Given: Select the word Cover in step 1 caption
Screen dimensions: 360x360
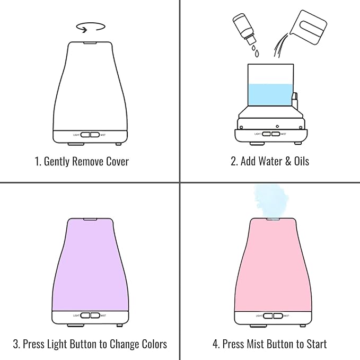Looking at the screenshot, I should (114, 161).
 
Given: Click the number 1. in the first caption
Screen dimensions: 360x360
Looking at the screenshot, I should (38, 161).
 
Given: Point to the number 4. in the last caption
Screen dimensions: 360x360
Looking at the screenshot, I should (216, 344).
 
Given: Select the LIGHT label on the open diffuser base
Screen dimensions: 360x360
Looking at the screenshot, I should (258, 134).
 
